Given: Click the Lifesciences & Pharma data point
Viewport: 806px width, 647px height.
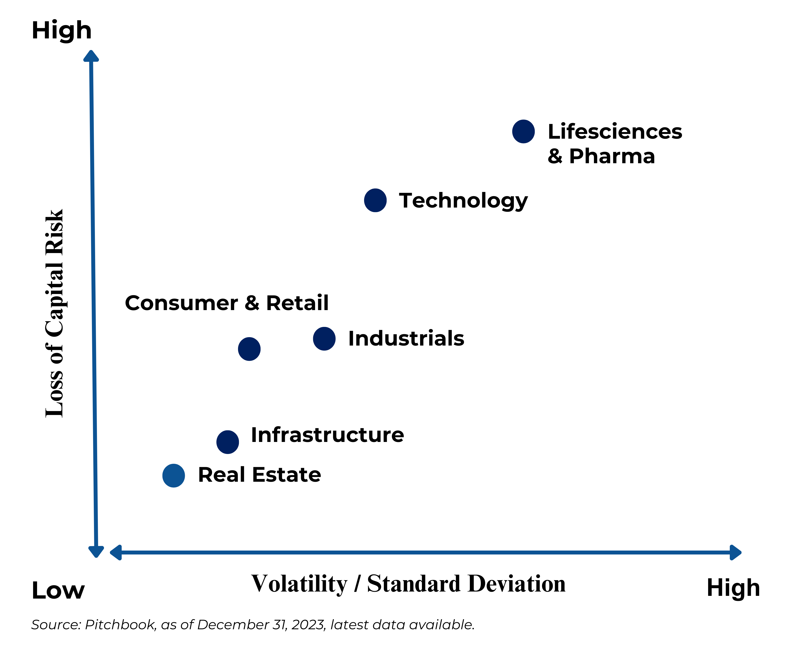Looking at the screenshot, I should click(x=523, y=131).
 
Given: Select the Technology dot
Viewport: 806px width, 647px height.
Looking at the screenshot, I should click(x=375, y=201).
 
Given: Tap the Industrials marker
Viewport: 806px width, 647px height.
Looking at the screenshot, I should click(x=324, y=339).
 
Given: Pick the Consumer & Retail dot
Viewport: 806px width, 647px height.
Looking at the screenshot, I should click(x=249, y=349).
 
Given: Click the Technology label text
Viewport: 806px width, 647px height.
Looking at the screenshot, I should click(x=463, y=201).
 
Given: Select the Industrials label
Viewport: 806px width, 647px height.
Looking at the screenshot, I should click(x=406, y=339).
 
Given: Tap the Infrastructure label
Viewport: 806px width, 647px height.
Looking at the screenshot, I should click(x=327, y=435).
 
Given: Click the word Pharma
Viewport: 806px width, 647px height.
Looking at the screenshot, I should click(x=612, y=156).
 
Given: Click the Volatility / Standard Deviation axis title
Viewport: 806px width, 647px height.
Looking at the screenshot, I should click(x=408, y=584).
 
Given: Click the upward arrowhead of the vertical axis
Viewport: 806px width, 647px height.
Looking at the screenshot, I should click(x=91, y=56).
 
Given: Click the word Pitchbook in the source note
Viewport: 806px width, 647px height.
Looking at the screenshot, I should click(x=120, y=624).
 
